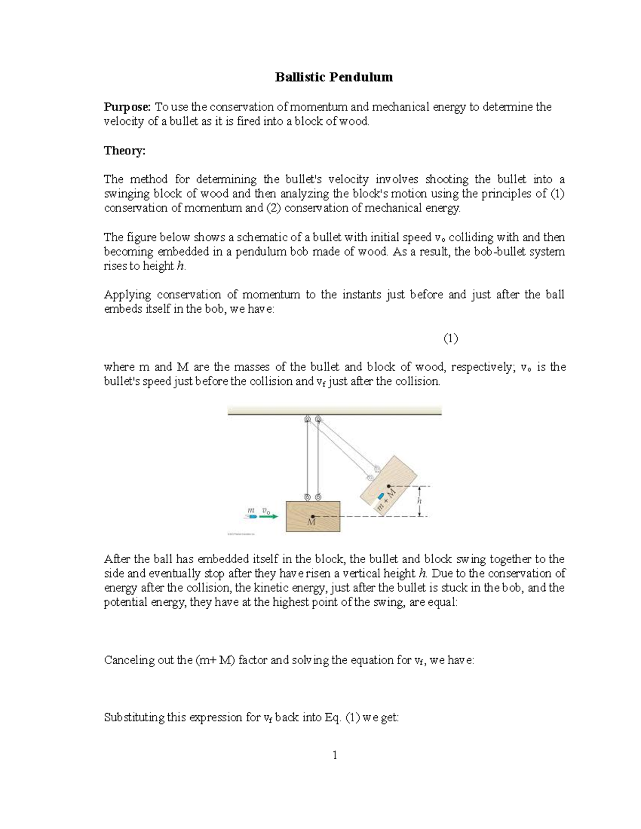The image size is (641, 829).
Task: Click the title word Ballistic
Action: (x=299, y=77)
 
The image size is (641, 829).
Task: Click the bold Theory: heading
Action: (x=124, y=151)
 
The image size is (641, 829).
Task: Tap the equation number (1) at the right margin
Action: (x=450, y=338)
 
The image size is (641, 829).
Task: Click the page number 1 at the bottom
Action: (x=334, y=755)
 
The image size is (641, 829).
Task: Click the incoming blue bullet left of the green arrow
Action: (x=252, y=517)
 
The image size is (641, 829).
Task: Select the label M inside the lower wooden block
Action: (x=311, y=523)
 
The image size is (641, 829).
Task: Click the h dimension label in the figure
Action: (x=419, y=501)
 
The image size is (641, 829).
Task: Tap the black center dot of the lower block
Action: (x=312, y=516)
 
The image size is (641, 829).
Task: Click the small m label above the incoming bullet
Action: (x=251, y=510)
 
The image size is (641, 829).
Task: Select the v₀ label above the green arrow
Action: (x=266, y=510)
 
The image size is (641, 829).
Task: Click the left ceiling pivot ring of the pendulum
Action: (x=307, y=420)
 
